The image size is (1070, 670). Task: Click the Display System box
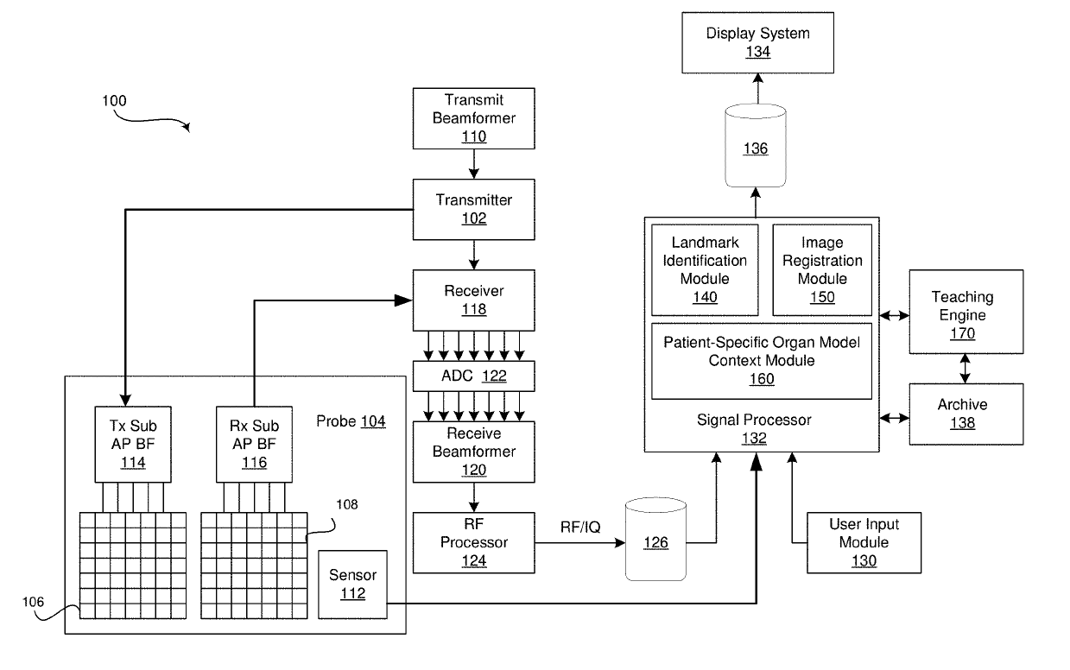(758, 43)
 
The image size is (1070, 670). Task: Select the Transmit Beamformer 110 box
(473, 117)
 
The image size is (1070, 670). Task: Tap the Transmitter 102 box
(473, 209)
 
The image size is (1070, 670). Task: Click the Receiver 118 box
(473, 300)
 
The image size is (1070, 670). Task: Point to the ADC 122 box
(473, 376)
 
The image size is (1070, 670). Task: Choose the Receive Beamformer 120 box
(473, 452)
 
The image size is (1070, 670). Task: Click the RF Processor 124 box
(473, 542)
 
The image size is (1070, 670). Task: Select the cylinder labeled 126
(655, 542)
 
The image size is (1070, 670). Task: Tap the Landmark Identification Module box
(705, 269)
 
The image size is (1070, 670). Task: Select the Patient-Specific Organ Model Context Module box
(761, 360)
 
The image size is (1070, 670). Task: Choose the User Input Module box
(864, 542)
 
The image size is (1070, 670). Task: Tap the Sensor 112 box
(352, 584)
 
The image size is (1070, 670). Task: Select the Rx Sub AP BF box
(254, 444)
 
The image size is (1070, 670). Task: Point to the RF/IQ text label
(579, 528)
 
